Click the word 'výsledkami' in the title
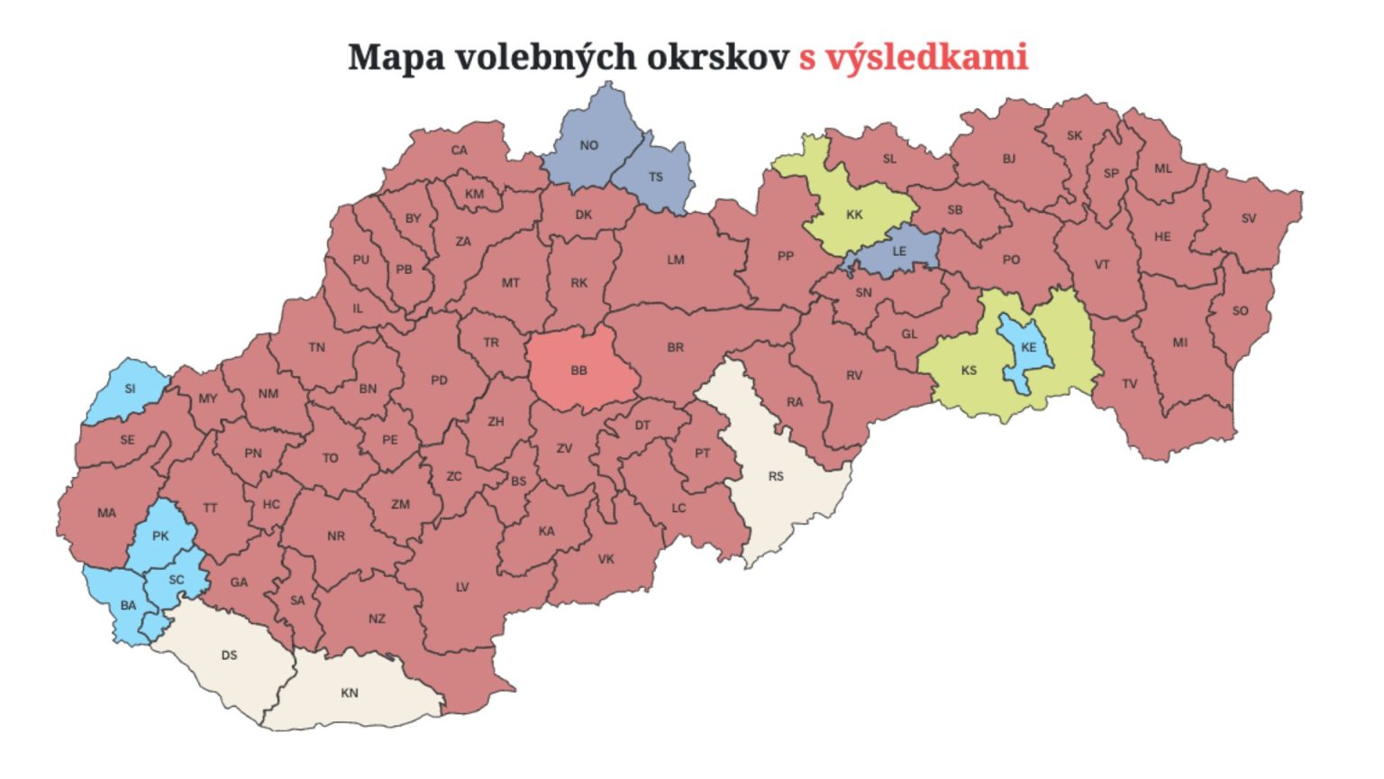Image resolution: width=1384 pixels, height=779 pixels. (924, 57)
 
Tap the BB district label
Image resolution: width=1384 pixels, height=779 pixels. (579, 371)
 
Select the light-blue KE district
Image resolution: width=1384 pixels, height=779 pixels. (1028, 348)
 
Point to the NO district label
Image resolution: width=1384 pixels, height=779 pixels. (589, 145)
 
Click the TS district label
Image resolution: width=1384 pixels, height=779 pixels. (656, 177)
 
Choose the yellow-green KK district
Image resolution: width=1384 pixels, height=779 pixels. (854, 215)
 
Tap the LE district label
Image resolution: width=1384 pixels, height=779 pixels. (899, 251)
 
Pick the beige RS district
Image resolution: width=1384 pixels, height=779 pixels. (776, 476)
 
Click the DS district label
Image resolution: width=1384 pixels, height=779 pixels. (230, 655)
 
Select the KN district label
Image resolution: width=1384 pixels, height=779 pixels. (350, 692)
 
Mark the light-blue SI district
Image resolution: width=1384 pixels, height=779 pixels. (130, 389)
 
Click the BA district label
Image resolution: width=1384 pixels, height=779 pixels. (129, 605)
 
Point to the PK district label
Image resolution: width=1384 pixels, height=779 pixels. (160, 536)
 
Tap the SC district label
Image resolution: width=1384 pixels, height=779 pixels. (177, 580)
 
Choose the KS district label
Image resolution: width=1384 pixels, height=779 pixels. (969, 370)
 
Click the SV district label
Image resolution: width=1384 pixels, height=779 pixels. (1248, 218)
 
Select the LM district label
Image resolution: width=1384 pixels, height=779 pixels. (676, 260)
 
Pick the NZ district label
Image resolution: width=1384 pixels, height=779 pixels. (377, 619)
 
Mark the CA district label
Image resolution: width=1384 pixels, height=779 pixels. (460, 151)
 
